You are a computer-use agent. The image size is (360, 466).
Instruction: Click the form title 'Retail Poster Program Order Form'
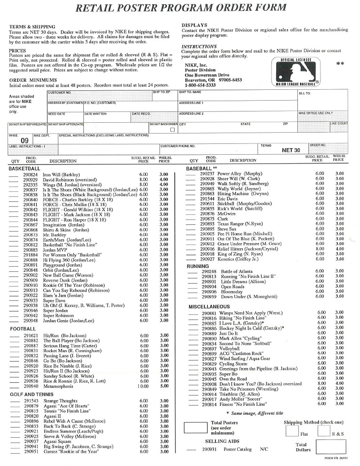pos(181,8)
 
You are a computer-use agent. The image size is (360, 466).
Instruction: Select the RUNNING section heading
pos(198,266)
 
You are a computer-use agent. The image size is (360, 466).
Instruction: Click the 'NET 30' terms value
pos(290,150)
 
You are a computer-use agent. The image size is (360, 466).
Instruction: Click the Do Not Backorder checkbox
pos(172,129)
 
